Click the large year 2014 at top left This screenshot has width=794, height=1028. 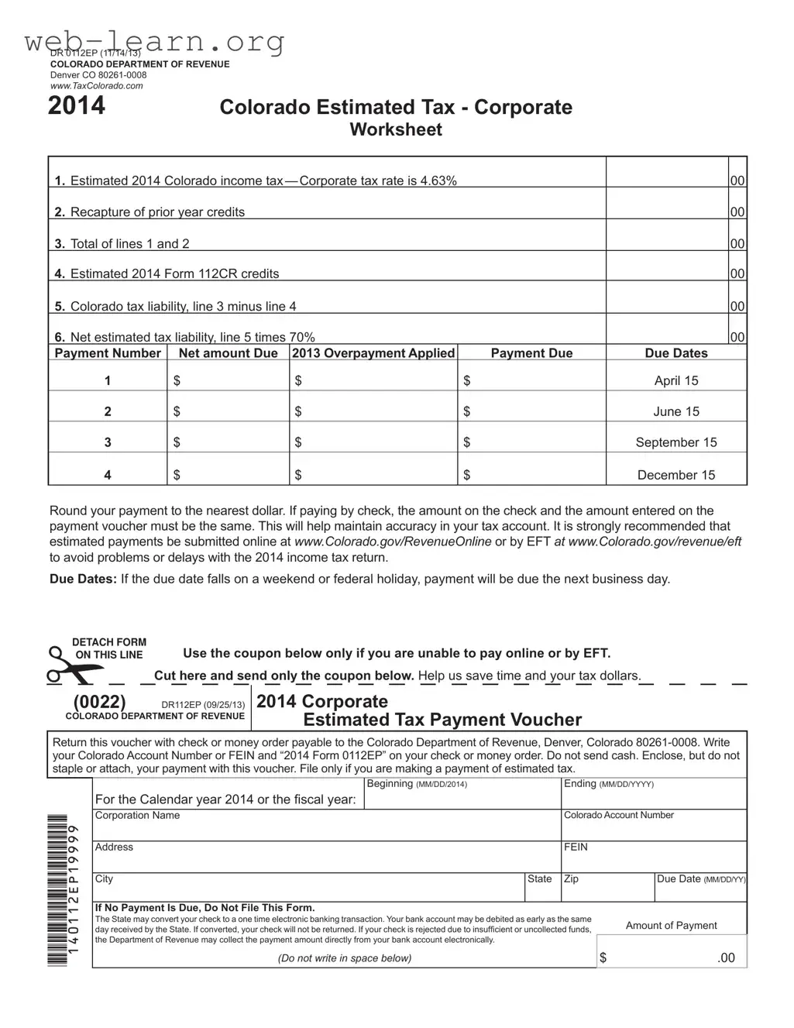click(x=77, y=105)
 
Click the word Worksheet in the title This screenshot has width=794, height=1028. click(x=396, y=130)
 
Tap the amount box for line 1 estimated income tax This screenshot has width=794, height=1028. click(x=666, y=174)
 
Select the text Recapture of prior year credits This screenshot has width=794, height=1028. click(x=157, y=212)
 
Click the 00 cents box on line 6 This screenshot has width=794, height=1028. click(x=737, y=337)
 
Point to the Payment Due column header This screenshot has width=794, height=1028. click(x=531, y=353)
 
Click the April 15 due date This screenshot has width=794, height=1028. click(x=676, y=380)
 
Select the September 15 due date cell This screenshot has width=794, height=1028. click(x=676, y=442)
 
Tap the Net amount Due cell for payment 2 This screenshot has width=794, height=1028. click(x=228, y=411)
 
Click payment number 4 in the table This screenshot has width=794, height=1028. click(x=108, y=475)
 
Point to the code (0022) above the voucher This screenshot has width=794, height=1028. click(x=99, y=702)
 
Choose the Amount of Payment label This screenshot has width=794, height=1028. click(x=671, y=926)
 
